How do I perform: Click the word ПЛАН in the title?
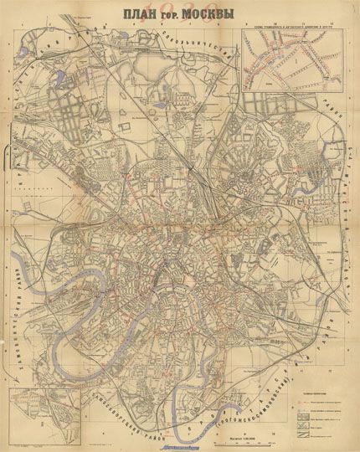[x=142, y=15]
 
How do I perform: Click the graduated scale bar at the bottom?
[x=229, y=423]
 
